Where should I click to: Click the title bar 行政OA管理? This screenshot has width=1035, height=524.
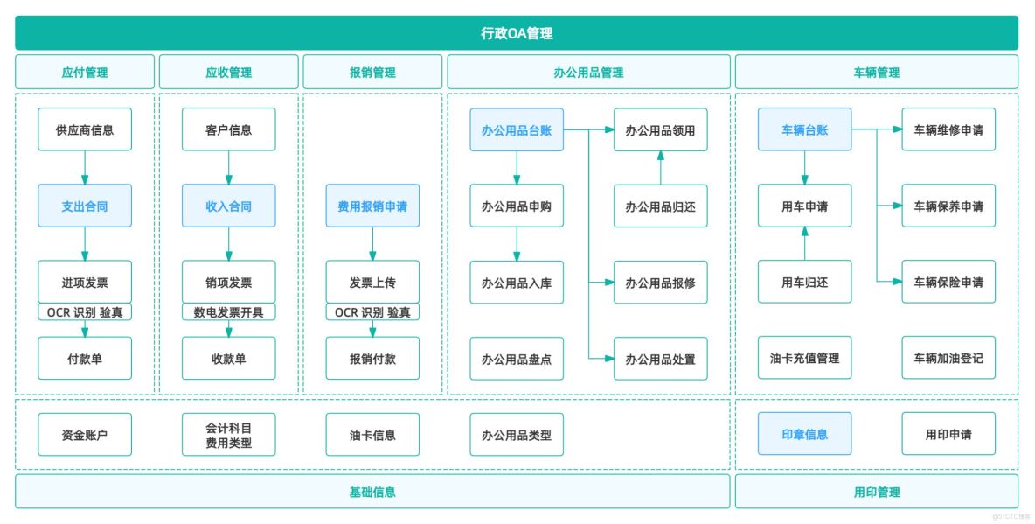[517, 33]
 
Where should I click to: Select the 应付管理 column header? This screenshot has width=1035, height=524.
[85, 73]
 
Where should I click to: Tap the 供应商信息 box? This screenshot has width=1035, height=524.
[85, 129]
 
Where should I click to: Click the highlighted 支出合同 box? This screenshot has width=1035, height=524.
[85, 206]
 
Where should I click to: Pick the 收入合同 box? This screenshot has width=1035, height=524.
[228, 206]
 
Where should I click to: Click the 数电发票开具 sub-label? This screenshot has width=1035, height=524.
[228, 311]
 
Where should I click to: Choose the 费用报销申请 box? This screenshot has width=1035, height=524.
[372, 206]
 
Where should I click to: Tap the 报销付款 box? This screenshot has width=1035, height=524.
[372, 359]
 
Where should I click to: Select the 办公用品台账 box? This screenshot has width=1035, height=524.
[516, 129]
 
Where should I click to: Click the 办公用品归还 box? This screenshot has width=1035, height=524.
[660, 206]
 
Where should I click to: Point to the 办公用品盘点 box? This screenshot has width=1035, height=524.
[516, 359]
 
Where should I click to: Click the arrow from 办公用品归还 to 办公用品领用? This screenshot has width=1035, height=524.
[660, 167]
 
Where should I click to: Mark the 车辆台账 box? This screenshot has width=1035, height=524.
[804, 129]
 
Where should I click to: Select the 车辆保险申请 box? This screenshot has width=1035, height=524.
[948, 282]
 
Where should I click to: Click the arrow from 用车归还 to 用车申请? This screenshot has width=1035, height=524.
[804, 243]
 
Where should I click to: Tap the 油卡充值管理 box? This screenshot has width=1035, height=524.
[804, 359]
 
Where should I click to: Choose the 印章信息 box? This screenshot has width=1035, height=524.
[804, 434]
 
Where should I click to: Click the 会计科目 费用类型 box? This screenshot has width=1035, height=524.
[228, 434]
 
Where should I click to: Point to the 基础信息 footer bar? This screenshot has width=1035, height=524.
[372, 492]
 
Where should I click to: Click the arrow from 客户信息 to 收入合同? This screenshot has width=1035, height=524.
[228, 166]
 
